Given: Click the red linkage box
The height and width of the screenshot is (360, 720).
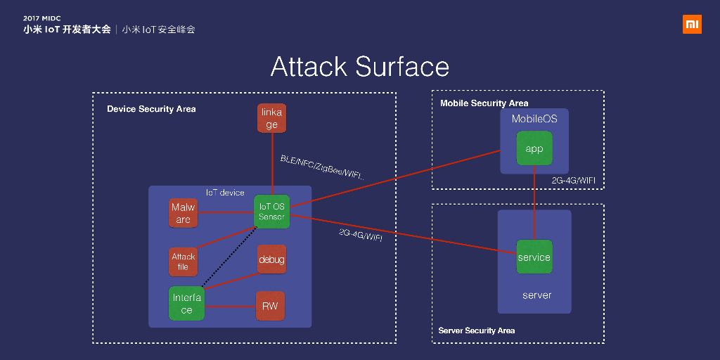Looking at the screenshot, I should (x=272, y=119).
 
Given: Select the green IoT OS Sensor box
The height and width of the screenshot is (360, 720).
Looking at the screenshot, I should (x=271, y=211).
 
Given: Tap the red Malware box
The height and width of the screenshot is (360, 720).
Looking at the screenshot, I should (x=183, y=213).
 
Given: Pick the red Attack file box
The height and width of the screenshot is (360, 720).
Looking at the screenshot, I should (x=183, y=262).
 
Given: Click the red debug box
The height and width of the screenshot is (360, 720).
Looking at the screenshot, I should (x=271, y=259).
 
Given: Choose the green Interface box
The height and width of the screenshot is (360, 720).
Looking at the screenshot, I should (x=186, y=304).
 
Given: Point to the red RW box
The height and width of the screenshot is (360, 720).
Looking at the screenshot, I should (x=270, y=306).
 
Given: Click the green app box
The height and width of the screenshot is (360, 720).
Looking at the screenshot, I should (x=534, y=148).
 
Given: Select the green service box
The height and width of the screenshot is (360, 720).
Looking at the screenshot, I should (x=534, y=257).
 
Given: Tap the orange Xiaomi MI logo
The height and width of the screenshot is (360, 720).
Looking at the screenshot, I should (x=692, y=24).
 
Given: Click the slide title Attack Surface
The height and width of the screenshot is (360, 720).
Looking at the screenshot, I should (x=360, y=67).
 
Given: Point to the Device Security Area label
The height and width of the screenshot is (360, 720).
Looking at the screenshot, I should (x=151, y=109).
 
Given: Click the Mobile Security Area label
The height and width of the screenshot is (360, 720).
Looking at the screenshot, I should (x=484, y=103).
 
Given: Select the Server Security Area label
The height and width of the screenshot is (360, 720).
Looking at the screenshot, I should (x=477, y=330).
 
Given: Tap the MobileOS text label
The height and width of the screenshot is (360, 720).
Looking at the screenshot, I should (x=534, y=119).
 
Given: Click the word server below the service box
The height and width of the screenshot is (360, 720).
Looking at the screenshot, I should (x=536, y=295).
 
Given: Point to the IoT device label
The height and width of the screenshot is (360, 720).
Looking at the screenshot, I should (x=225, y=193).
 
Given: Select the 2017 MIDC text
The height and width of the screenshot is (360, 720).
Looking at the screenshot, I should (x=42, y=18).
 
